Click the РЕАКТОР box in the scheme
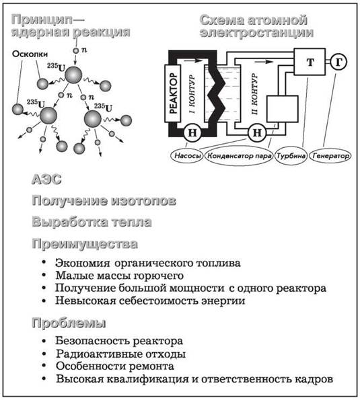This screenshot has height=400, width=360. [x=173, y=93]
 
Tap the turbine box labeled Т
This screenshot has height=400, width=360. [x=310, y=62]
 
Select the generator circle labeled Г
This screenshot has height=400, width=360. [x=338, y=62]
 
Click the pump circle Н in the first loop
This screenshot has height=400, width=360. [x=192, y=132]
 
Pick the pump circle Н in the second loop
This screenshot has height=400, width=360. [x=257, y=132]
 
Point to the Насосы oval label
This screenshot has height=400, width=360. [x=187, y=155]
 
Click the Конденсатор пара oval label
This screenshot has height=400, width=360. [x=240, y=156]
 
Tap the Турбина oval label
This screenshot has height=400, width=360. [x=291, y=155]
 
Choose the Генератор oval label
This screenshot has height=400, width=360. [x=330, y=155]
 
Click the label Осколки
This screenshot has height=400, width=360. [x=30, y=54]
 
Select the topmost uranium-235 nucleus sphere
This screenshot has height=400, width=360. [x=73, y=75]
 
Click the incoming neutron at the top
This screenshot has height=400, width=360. [x=76, y=50]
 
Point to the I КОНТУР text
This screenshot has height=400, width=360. [x=192, y=93]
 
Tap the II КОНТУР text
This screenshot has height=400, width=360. [x=254, y=93]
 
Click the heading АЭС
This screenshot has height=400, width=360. [x=46, y=179]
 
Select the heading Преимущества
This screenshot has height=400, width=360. [x=85, y=244]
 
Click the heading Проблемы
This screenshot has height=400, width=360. [x=69, y=323]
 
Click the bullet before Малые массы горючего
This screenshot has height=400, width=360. [x=44, y=275]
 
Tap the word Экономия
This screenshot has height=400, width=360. [x=83, y=263]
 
